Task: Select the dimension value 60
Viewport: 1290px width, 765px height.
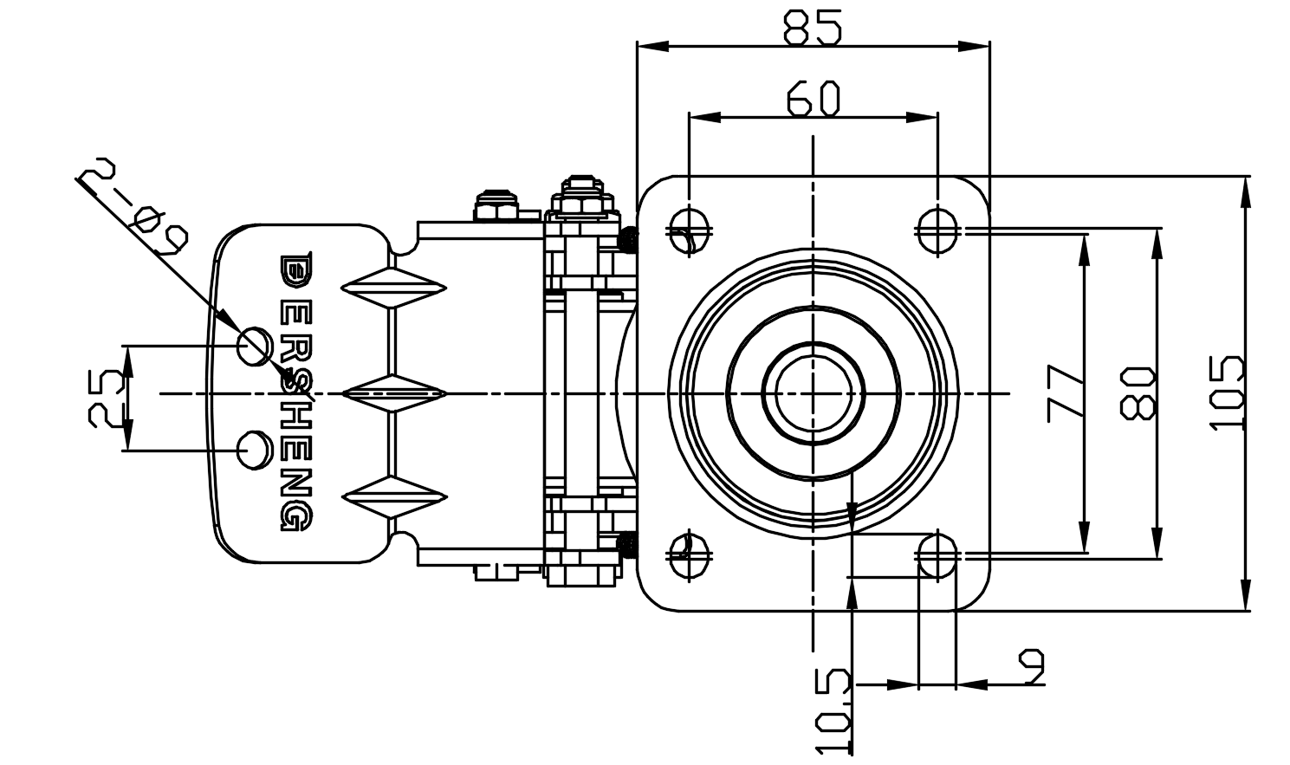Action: point(814,98)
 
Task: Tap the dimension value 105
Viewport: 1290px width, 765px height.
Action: point(1227,392)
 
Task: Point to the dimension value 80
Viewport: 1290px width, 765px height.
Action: point(1138,392)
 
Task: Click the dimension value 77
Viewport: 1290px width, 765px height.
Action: point(1066,392)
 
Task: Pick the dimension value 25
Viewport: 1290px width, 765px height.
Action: point(107,398)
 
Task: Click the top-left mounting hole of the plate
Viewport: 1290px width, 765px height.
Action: point(690,230)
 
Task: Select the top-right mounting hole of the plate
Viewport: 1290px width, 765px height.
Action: point(937,230)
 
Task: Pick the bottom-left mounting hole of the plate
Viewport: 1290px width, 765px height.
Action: point(690,554)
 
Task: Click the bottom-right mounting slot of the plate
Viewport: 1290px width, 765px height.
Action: point(937,554)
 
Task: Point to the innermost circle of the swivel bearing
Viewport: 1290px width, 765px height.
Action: point(813,392)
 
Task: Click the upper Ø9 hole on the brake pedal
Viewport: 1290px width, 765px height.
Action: point(254,347)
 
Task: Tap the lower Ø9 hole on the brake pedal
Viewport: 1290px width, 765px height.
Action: point(254,450)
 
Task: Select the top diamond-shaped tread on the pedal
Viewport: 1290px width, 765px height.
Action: point(394,287)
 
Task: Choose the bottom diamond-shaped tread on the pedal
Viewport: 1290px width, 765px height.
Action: point(394,497)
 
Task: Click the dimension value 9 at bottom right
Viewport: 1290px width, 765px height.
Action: point(1031,666)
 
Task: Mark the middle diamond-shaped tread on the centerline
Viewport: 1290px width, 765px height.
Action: point(394,393)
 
